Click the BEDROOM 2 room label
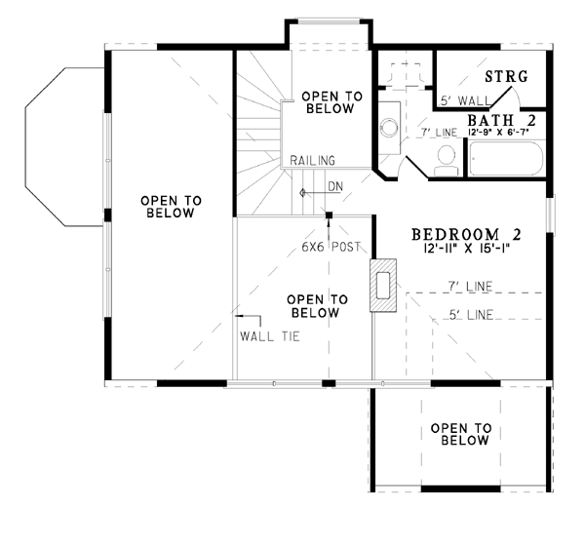[x=466, y=235]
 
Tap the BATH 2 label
[x=502, y=121]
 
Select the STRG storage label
[x=506, y=76]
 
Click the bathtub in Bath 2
[x=505, y=159]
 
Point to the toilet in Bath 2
[x=447, y=161]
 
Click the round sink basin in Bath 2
[x=389, y=127]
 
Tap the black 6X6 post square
[x=330, y=215]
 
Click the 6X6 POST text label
[x=331, y=247]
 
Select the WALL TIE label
[x=270, y=336]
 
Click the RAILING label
[x=313, y=161]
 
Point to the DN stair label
[x=335, y=186]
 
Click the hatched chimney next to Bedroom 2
[x=383, y=286]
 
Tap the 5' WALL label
[x=465, y=100]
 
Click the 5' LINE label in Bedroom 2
[x=471, y=315]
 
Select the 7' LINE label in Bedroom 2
[x=470, y=287]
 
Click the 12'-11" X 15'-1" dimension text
[x=466, y=249]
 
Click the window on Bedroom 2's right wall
[x=550, y=215]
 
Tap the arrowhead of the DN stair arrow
[x=302, y=193]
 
